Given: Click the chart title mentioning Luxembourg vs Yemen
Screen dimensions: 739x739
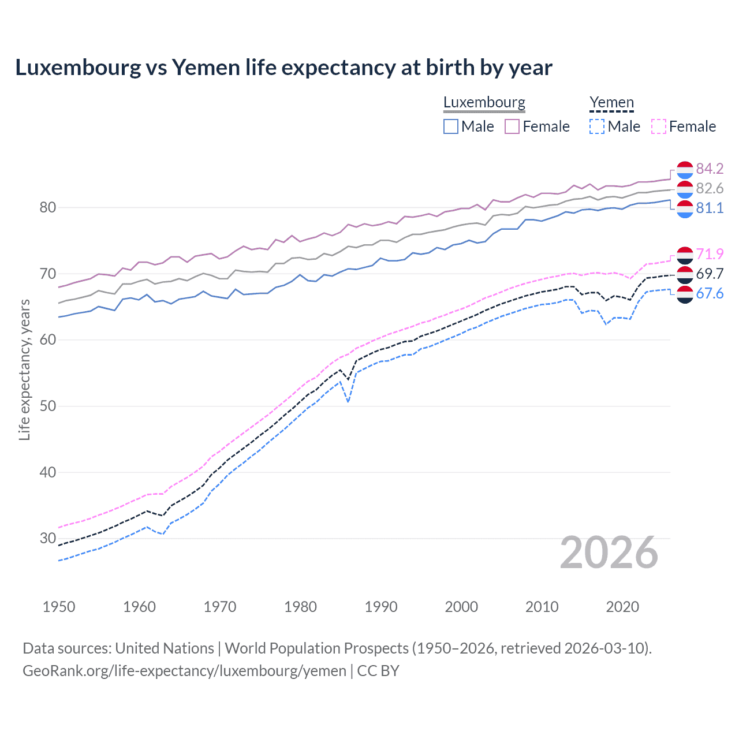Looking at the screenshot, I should tap(283, 68).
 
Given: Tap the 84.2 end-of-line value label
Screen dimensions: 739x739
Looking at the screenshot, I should tap(710, 169).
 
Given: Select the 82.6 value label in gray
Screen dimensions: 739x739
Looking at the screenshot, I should tap(710, 188).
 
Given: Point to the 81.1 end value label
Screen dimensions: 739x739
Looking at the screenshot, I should tap(710, 208).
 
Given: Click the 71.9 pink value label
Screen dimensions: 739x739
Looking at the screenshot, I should tap(710, 254).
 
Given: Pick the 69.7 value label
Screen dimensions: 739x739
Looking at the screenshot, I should tap(710, 274).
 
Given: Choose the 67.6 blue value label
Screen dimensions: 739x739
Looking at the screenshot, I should tap(710, 293).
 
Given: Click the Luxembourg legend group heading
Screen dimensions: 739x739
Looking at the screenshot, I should tap(484, 103).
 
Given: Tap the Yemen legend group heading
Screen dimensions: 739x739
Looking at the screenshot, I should tap(611, 103).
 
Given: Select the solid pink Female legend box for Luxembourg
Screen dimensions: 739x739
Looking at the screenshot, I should tap(512, 126).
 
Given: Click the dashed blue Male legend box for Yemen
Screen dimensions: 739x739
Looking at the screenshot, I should tap(597, 126).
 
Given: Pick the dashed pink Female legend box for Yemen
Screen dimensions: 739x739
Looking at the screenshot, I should tap(659, 126).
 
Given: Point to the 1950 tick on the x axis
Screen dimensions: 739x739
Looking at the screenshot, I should tap(59, 607).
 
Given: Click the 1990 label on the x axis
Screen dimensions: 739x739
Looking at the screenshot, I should tap(381, 607).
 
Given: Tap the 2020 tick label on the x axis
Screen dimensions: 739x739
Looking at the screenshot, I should tap(622, 607).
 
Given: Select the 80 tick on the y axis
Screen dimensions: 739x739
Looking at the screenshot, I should tap(47, 207).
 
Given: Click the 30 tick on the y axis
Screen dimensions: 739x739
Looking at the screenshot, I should tap(47, 538).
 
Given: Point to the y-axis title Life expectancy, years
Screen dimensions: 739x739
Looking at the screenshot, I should tap(24, 369).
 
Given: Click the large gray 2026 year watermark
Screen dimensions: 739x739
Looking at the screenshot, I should tap(609, 553).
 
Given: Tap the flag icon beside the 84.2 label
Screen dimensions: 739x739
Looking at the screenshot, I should tap(685, 170).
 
